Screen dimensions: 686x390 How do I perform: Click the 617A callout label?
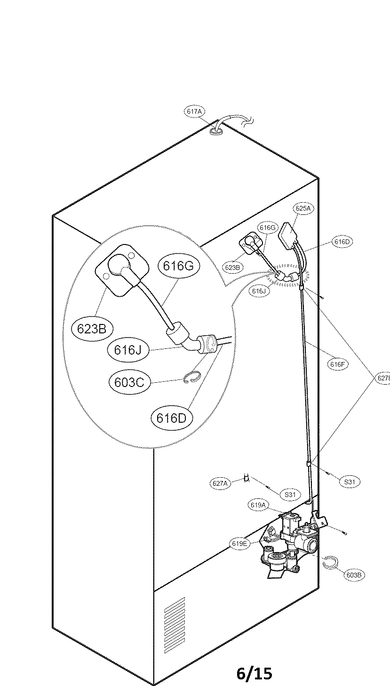(194, 111)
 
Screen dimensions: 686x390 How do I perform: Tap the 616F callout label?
(338, 364)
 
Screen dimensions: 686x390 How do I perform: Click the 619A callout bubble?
(259, 505)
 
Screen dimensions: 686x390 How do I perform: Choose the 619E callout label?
(239, 544)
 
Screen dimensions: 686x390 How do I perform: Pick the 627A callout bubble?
(220, 483)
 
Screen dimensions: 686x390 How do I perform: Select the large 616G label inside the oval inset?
(178, 266)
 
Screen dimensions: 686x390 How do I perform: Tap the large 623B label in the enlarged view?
(92, 329)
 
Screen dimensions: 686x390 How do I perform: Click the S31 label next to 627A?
(290, 495)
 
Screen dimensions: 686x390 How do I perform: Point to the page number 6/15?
(254, 673)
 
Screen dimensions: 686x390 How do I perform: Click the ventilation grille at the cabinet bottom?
(174, 614)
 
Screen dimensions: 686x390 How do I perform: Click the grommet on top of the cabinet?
(216, 132)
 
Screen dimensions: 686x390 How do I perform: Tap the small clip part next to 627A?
(246, 479)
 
